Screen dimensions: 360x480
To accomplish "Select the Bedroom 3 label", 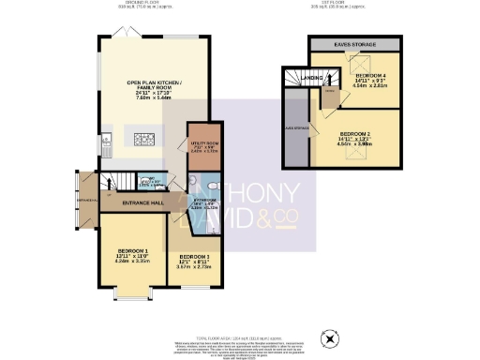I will pyautogui.click(x=196, y=257).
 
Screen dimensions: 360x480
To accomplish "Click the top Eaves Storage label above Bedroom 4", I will pyautogui.click(x=355, y=44).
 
